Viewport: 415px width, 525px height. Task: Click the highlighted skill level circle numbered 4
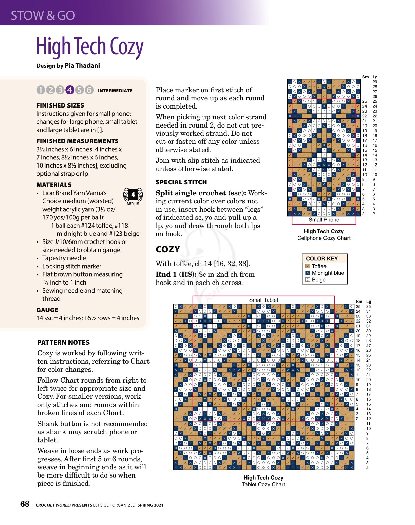[x=70, y=90]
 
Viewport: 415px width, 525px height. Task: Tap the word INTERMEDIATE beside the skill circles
[x=115, y=91]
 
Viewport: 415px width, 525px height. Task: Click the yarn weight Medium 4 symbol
[x=133, y=196]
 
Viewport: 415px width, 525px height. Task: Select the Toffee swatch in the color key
[x=308, y=267]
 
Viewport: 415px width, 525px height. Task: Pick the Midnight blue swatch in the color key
[x=308, y=273]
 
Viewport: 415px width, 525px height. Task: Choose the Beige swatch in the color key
[x=308, y=280]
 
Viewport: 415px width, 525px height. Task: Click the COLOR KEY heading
[x=322, y=259]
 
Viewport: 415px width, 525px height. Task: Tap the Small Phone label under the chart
[x=324, y=220]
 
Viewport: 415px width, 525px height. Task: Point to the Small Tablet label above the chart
[x=263, y=300]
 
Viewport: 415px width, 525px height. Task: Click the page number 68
[x=25, y=504]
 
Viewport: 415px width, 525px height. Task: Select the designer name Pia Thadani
[x=82, y=66]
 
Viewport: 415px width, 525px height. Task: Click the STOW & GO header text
[x=43, y=15]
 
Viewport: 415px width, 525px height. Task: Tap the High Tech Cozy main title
[x=90, y=46]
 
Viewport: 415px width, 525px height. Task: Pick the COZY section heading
[x=168, y=249]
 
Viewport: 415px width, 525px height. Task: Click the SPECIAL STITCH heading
[x=181, y=182]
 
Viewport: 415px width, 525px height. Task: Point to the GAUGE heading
[x=47, y=310]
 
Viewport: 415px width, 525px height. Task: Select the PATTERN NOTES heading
[x=63, y=342]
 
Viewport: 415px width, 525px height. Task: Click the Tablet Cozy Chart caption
[x=263, y=484]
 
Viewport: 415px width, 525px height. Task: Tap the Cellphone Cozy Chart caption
[x=324, y=238]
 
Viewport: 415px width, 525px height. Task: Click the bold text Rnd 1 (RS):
[x=176, y=274]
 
